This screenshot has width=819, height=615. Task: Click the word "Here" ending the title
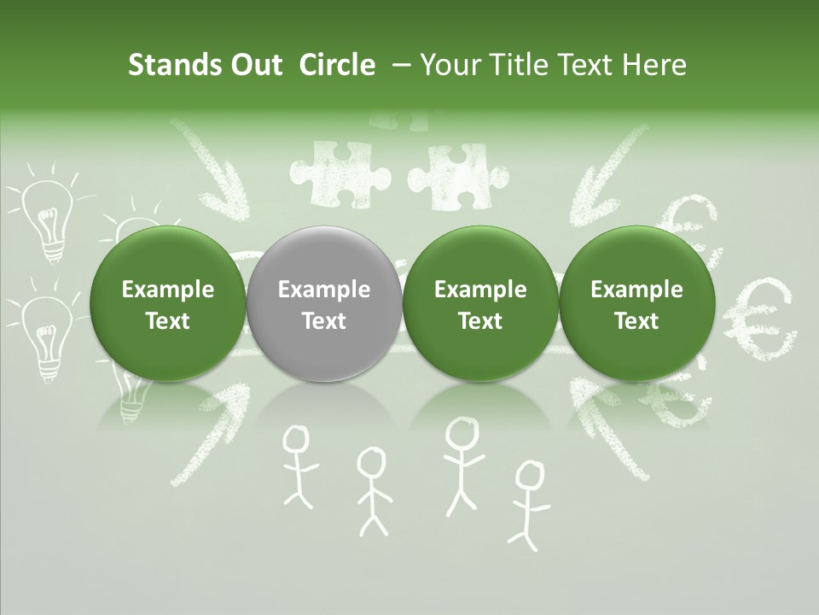coord(653,65)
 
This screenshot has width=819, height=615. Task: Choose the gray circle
coord(324,304)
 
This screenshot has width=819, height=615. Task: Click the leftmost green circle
coord(167,304)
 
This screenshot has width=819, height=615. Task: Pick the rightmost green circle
coord(636,304)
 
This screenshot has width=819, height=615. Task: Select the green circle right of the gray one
coord(480,304)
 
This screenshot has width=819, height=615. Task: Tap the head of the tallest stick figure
coord(462,431)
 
